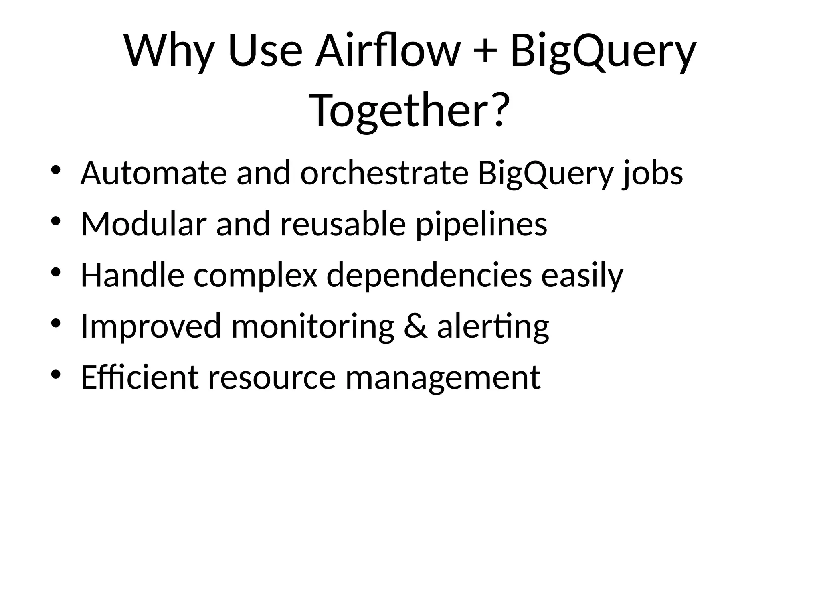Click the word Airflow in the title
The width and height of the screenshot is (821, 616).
click(387, 51)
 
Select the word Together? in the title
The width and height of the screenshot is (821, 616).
click(410, 110)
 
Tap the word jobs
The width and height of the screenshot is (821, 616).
click(653, 174)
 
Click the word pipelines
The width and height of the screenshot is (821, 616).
click(481, 225)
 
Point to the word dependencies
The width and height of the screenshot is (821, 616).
click(429, 276)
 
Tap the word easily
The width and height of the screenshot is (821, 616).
click(582, 276)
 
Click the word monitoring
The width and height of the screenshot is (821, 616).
click(313, 326)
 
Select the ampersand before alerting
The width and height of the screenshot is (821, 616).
click(415, 326)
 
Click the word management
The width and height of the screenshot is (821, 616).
click(443, 378)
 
